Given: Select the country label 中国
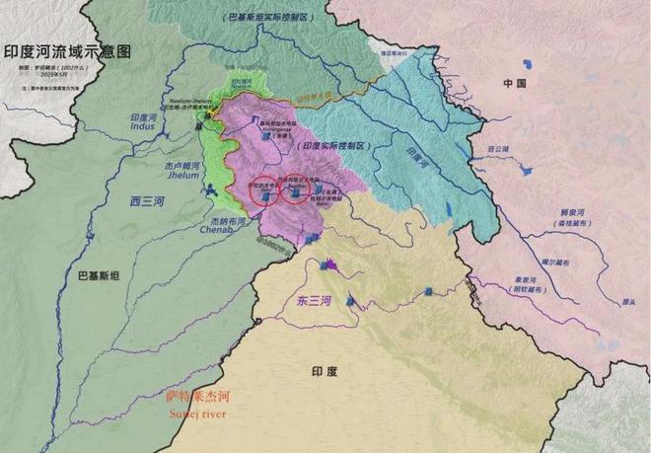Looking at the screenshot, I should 516,84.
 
